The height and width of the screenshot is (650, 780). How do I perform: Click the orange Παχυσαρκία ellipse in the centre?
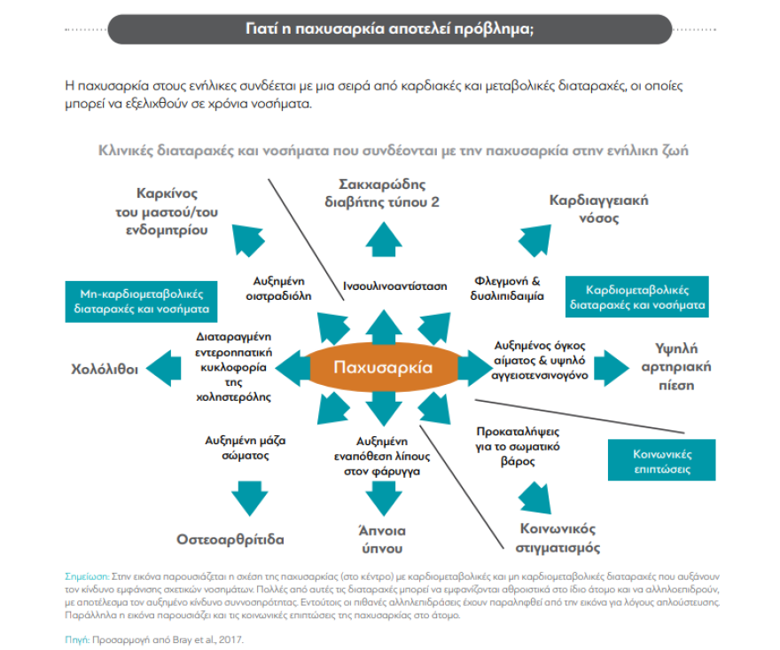click(x=382, y=367)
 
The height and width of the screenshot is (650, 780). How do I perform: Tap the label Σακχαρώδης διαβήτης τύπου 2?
click(x=382, y=192)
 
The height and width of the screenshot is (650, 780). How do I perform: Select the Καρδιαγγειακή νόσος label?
click(x=598, y=208)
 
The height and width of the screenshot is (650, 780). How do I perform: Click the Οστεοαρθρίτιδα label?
click(x=230, y=538)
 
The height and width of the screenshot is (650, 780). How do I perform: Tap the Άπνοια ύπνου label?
click(x=381, y=539)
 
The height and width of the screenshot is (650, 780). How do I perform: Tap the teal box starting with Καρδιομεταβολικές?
click(x=636, y=297)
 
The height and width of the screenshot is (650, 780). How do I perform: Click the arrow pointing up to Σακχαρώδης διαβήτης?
click(x=382, y=239)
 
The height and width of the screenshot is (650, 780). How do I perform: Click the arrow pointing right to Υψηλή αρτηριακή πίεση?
click(x=612, y=365)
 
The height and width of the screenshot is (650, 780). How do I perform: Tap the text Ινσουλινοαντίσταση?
click(x=394, y=286)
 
